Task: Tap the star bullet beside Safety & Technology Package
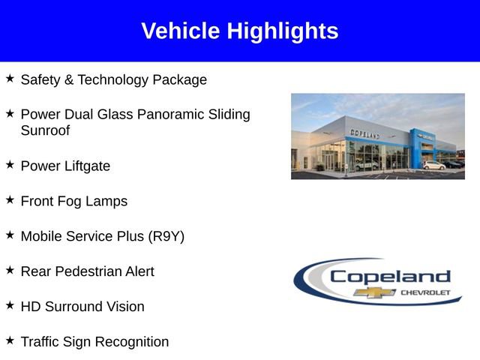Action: click(10, 78)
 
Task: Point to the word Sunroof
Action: click(45, 130)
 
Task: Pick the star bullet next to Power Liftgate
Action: click(10, 164)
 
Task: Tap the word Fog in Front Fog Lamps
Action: click(77, 201)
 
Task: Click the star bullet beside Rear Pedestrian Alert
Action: click(10, 269)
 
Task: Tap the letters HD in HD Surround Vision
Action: click(31, 307)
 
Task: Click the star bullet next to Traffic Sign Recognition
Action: click(10, 340)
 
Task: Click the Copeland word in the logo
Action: click(390, 276)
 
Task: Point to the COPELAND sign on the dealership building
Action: click(364, 133)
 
